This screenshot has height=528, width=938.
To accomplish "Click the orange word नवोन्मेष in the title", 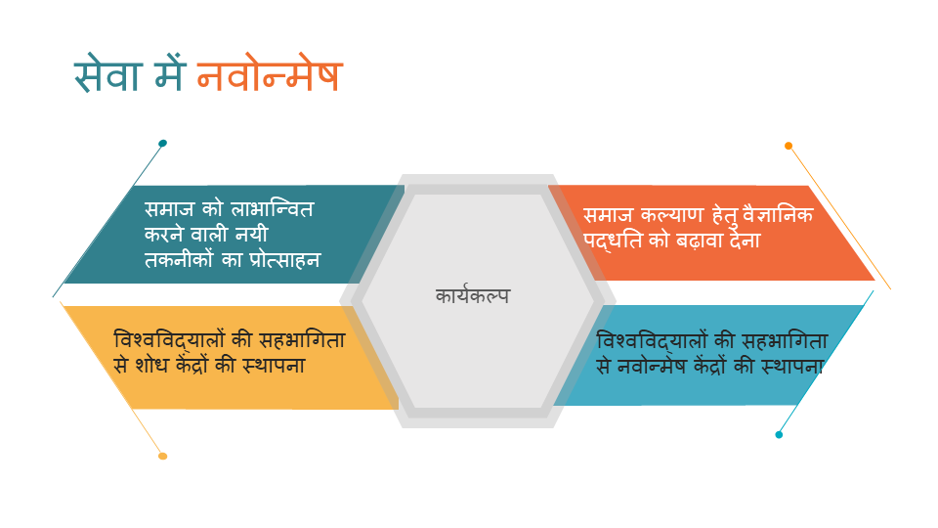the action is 270,74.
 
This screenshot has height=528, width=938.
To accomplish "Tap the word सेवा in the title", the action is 107,73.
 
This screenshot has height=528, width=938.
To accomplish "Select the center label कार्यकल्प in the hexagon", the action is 473,295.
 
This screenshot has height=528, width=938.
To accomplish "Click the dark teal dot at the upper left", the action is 163,143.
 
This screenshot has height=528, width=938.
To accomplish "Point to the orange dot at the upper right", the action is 789,146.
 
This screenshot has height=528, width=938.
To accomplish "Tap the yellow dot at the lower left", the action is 163,457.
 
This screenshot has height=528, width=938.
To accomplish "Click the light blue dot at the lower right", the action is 779,434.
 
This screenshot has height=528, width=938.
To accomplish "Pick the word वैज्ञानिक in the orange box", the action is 778,214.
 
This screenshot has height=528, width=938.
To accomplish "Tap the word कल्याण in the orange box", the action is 673,214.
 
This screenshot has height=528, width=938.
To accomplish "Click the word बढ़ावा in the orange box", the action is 701,241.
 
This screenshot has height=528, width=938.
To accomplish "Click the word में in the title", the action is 169,73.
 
